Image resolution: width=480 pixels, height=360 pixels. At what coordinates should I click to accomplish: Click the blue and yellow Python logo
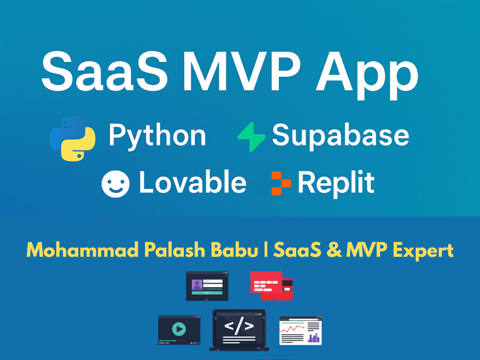click(72, 137)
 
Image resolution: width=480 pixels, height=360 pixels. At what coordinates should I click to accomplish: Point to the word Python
click(157, 136)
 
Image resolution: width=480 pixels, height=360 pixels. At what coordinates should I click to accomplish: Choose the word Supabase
click(340, 136)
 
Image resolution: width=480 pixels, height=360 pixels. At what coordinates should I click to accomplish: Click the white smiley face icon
click(115, 184)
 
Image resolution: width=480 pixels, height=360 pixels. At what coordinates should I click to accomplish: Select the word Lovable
click(192, 183)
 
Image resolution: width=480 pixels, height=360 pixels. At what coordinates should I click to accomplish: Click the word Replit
click(336, 183)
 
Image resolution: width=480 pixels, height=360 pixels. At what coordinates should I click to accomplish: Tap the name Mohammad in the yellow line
click(72, 250)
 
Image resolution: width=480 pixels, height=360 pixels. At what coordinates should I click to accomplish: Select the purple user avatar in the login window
click(196, 285)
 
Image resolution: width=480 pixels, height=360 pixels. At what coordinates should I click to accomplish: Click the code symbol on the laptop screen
click(239, 326)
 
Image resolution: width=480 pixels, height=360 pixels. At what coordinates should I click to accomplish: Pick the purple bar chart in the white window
click(314, 337)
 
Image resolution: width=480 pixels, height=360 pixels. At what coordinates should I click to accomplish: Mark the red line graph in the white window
click(292, 328)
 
